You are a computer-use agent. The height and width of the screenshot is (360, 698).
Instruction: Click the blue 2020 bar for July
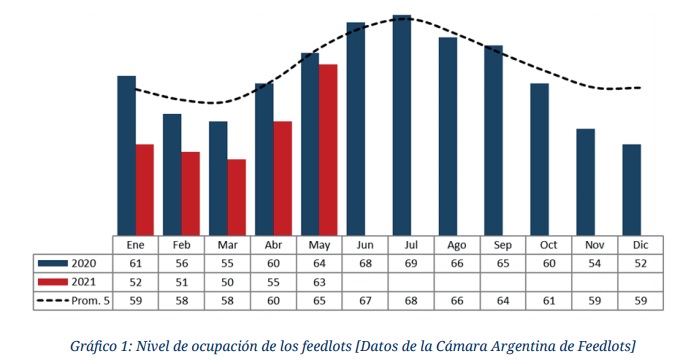[402, 125]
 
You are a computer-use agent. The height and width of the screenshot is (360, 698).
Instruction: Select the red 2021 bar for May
[328, 150]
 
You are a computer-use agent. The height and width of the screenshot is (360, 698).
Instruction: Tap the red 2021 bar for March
[237, 197]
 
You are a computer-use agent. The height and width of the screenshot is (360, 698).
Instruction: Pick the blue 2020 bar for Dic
[632, 189]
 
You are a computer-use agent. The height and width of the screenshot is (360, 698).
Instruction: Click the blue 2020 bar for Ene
[126, 155]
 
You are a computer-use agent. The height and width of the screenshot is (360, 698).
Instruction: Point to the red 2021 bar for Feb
[191, 193]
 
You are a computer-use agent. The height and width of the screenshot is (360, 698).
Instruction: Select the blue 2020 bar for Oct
[540, 159]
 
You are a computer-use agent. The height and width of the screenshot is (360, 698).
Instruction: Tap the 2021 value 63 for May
[319, 280]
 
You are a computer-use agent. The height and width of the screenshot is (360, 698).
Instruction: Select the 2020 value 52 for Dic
[632, 262]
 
